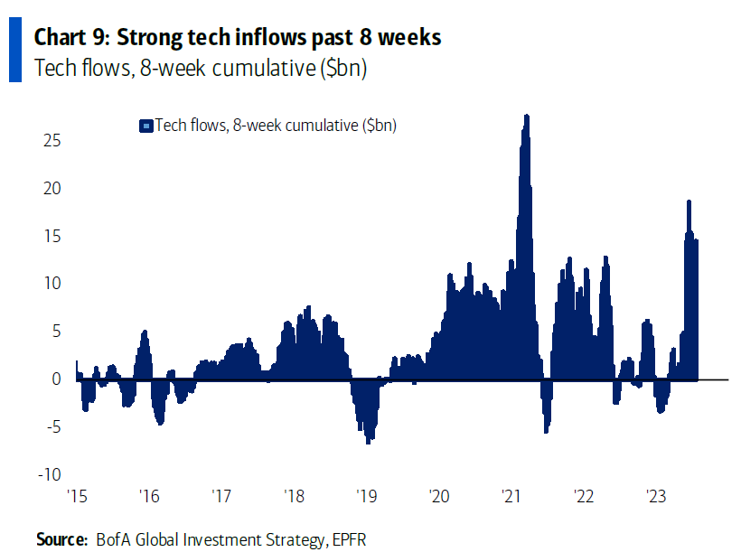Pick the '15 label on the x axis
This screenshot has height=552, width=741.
[78, 496]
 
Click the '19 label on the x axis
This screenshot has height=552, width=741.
[367, 496]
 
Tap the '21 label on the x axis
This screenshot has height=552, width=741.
[511, 496]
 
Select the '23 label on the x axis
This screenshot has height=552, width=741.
[656, 496]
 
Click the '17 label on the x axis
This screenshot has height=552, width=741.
[221, 496]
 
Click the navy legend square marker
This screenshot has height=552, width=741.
[145, 126]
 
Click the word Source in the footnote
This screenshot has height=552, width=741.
[59, 539]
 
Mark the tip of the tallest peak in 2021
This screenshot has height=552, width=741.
[527, 116]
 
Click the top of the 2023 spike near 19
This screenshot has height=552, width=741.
[689, 201]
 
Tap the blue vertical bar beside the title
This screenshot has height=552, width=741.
[14, 51]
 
